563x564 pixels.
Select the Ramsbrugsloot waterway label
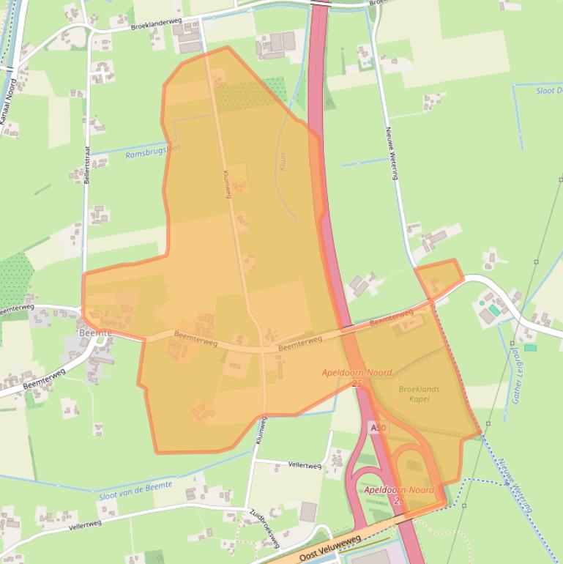tap(153, 152)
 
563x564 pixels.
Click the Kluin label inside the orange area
tap(283, 162)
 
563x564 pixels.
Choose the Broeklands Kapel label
tap(420, 394)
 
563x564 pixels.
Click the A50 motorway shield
tap(378, 427)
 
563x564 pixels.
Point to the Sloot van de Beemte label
tap(135, 490)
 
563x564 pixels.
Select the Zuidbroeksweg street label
tap(264, 527)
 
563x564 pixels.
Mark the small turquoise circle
tap(482, 302)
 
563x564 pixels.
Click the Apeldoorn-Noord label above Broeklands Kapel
tap(357, 373)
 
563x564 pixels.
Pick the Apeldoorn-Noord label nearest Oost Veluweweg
tap(399, 490)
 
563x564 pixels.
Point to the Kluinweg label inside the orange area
tap(227, 185)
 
